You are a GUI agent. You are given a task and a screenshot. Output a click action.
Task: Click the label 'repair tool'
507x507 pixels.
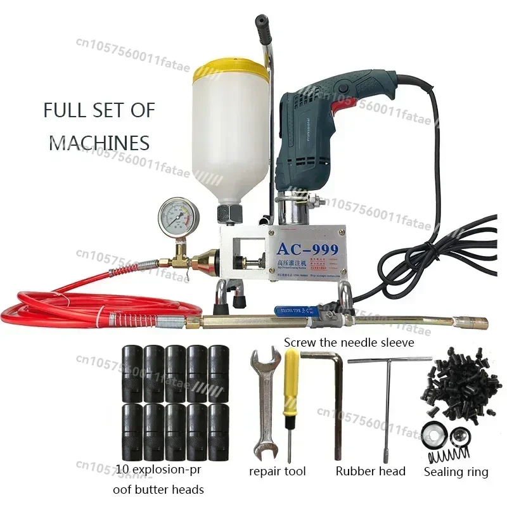278,471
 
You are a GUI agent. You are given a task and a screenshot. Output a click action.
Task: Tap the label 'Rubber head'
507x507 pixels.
370,471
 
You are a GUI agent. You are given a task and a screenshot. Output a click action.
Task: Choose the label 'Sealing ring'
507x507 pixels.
455,472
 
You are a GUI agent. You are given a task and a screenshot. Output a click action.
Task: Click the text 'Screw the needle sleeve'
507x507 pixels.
349,342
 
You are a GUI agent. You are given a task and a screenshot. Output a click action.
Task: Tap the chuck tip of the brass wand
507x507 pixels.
479,323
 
